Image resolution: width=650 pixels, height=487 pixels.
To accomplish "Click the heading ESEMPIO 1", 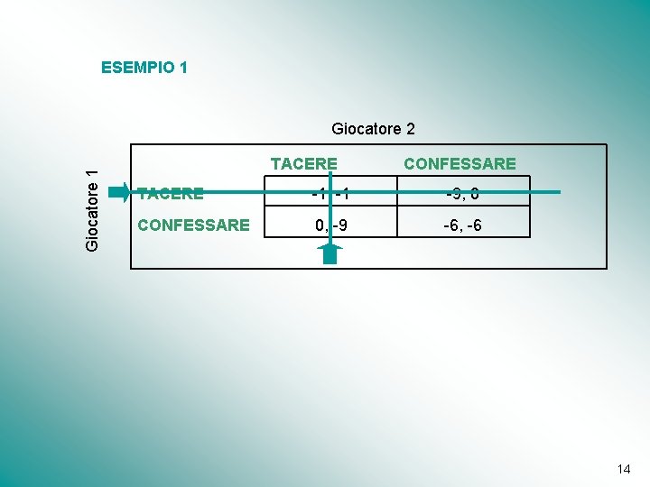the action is point(144,67).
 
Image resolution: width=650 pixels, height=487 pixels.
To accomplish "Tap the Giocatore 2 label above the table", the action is point(373,129).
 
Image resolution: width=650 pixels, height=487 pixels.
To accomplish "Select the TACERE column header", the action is point(304,164).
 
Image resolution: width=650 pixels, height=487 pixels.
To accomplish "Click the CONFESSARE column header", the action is point(460,164).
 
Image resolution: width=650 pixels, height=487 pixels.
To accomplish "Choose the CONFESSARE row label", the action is point(192,225).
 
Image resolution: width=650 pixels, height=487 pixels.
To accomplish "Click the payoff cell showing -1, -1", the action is point(329,193).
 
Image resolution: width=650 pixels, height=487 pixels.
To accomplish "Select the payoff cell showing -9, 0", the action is point(462,193).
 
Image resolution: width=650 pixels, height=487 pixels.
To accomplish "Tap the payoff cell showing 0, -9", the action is point(330,225).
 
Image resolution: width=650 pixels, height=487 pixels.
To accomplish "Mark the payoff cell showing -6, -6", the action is point(462,225).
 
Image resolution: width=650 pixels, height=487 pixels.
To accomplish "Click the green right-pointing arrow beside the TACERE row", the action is point(119,192).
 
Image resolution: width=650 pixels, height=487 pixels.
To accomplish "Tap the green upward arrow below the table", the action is point(330,252).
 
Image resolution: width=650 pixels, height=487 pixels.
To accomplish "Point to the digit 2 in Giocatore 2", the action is point(410,129).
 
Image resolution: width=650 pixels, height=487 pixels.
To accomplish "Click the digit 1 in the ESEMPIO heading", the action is point(182,67).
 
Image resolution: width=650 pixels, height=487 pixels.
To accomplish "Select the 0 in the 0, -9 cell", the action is point(319,225).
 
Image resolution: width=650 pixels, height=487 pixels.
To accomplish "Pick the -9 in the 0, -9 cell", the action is point(338,225).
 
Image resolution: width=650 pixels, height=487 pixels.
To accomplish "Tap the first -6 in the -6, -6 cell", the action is point(450,225).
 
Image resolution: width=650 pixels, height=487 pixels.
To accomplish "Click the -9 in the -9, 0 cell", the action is point(451,193).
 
